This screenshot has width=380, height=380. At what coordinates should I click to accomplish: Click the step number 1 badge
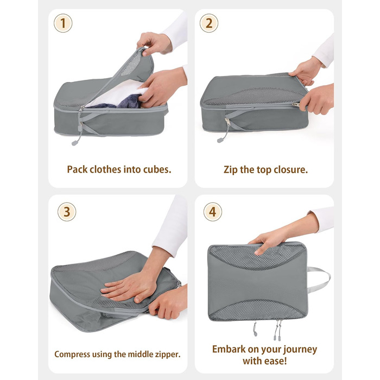point(63,23)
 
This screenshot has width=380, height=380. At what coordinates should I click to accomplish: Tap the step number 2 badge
point(209,23)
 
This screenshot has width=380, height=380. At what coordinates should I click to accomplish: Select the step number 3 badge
point(67,212)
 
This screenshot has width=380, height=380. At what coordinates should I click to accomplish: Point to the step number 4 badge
point(213,212)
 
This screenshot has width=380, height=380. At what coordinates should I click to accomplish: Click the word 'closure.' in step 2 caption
point(290,169)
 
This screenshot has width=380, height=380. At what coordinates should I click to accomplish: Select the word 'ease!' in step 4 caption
point(276,361)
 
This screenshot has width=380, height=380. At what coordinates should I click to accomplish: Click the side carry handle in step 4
point(319,280)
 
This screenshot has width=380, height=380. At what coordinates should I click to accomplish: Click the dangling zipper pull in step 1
point(77,135)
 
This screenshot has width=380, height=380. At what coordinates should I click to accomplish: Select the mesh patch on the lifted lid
point(131,64)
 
